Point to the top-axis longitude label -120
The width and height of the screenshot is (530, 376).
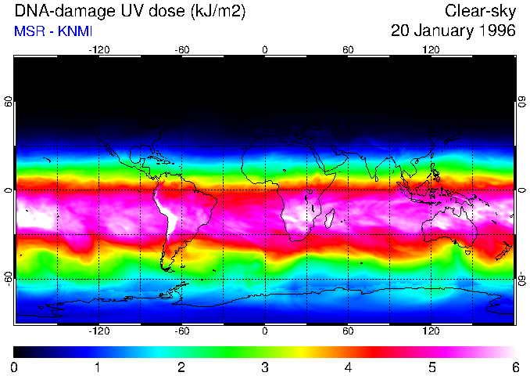(98, 50)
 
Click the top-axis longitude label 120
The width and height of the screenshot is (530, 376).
(431, 50)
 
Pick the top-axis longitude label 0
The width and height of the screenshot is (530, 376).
(265, 50)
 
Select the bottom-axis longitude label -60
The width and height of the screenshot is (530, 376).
(182, 331)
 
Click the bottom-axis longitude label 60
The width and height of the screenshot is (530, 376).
(348, 331)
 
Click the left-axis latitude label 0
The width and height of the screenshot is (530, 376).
(9, 190)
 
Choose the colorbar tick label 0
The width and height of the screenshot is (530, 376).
(14, 367)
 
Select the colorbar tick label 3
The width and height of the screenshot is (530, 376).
(264, 367)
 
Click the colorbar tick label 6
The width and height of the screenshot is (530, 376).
(514, 367)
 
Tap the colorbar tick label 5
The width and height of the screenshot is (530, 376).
(432, 367)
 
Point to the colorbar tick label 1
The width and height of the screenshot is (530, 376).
(98, 367)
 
